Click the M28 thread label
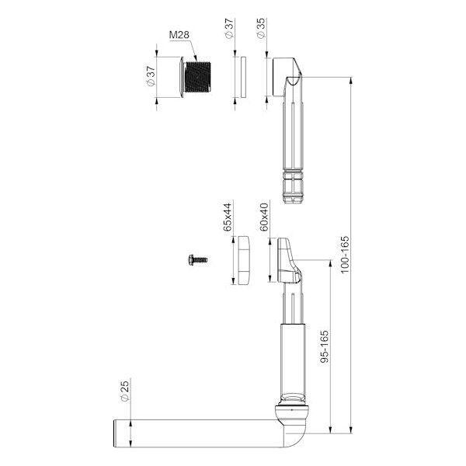point(179,35)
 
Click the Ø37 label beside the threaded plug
point(151,76)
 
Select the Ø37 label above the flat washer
point(229,29)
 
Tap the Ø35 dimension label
point(260,28)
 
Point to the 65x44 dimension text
point(228,217)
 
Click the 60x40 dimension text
point(264,217)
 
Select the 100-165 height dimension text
point(344,255)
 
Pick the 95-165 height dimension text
point(325,346)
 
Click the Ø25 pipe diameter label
point(126,391)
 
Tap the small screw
point(198,260)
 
